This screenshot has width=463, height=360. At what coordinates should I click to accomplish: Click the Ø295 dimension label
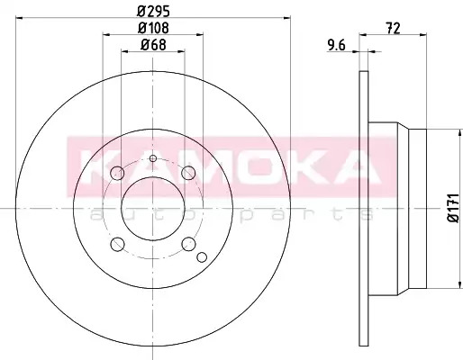(153, 11)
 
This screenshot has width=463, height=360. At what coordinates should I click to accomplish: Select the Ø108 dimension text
(153, 28)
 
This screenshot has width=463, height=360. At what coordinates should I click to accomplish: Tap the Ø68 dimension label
(153, 45)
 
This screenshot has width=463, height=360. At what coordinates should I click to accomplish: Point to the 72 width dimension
(394, 29)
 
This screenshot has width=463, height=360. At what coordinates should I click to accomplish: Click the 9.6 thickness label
(337, 46)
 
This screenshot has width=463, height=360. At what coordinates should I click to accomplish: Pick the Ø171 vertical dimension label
(454, 208)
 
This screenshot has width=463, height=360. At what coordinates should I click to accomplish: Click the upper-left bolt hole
(117, 173)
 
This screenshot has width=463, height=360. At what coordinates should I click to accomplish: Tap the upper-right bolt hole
(188, 173)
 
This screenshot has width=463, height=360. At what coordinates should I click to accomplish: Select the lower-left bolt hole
(117, 244)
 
